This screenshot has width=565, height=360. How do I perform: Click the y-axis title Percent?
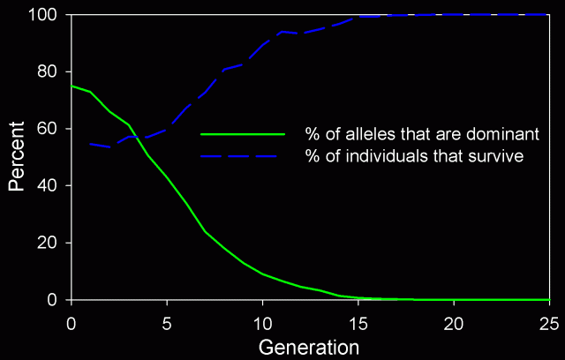coord(17,157)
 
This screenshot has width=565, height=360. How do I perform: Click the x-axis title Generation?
coord(309,346)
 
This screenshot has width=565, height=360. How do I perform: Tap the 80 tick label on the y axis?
coord(49,71)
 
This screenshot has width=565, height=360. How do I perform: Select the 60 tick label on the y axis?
coord(49,129)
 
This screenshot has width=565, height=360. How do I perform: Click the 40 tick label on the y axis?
coord(49,186)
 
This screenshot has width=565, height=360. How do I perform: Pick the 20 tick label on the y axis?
coord(49,244)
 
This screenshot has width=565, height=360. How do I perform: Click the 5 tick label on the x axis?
coord(167,322)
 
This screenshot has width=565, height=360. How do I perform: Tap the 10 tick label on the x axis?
coord(262,322)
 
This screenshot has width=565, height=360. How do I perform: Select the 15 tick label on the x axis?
coord(358,322)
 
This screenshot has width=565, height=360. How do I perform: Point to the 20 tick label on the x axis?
coord(454,322)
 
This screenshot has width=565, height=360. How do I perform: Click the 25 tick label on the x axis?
coord(548,322)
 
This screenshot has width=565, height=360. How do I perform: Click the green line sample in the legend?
coord(243,135)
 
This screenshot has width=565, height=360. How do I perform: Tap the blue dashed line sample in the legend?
coord(243,156)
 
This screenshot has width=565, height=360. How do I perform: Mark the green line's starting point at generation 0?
coord(72,86)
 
